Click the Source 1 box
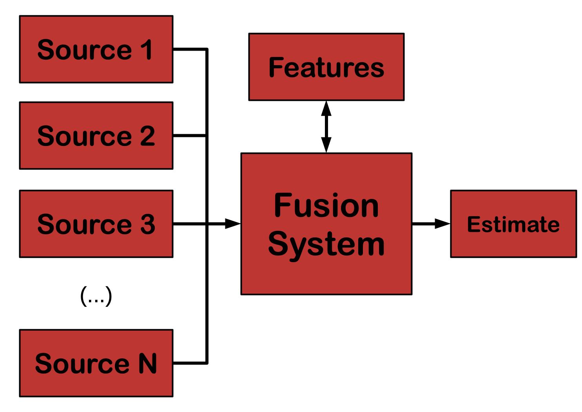tap(96, 49)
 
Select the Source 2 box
tap(96, 135)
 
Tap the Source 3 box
tap(96, 224)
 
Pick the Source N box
tap(96, 363)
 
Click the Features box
tap(326, 67)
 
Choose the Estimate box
tap(514, 224)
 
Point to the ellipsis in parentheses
tap(96, 296)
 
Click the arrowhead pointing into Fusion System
tap(233, 224)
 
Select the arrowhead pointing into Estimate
tap(442, 224)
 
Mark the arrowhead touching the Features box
tap(326, 108)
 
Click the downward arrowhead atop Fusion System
tap(326, 145)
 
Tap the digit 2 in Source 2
tap(148, 135)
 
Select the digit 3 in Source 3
tap(148, 224)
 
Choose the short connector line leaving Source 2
tap(189, 135)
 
